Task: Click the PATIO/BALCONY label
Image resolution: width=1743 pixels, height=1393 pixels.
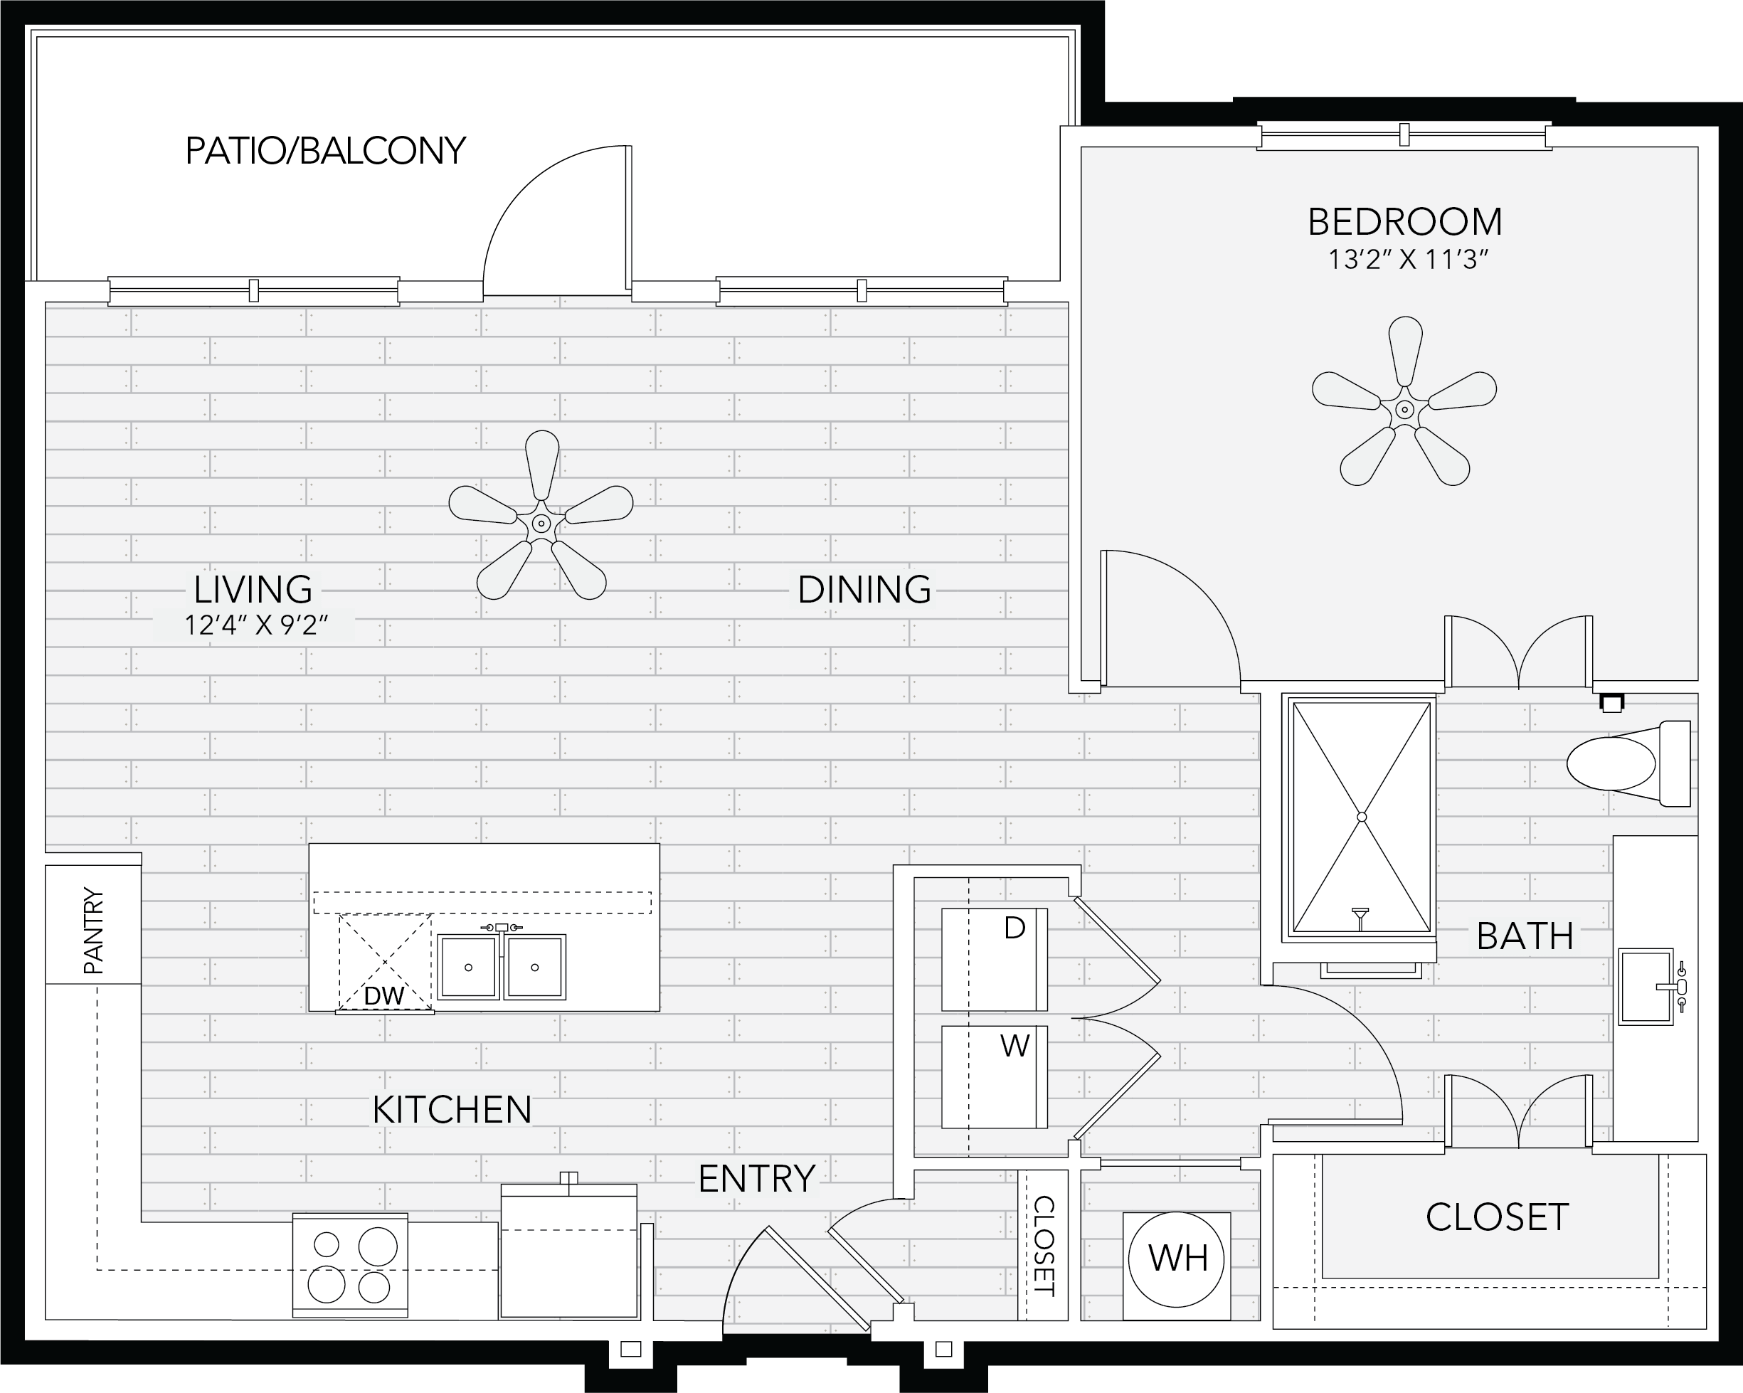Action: tap(326, 152)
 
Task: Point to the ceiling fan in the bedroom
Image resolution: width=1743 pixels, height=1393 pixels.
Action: tap(1404, 402)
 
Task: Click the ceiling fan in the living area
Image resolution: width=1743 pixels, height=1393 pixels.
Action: tap(541, 516)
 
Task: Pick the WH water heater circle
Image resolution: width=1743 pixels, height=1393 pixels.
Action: tap(1177, 1259)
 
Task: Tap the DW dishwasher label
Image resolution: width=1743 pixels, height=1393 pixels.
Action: tap(384, 995)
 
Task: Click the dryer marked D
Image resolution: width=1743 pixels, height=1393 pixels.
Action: tap(995, 960)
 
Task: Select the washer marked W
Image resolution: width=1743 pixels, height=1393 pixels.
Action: tap(995, 1077)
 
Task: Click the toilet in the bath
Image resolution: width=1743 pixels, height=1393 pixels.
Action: tap(1628, 763)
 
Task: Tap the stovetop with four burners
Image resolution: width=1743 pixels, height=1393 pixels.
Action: tap(350, 1265)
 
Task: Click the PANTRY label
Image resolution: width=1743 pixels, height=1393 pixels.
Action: tap(94, 930)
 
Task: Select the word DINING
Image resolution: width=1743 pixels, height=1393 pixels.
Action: tap(864, 590)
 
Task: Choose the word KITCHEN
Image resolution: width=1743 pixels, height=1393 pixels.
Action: tap(452, 1110)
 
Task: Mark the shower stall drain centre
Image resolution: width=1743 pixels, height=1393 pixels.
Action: tap(1362, 817)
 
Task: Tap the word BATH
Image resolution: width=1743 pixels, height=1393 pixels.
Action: tap(1525, 937)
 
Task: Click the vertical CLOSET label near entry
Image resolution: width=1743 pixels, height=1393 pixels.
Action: tap(1044, 1246)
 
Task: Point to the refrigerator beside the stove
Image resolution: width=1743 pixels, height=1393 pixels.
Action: tap(569, 1250)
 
